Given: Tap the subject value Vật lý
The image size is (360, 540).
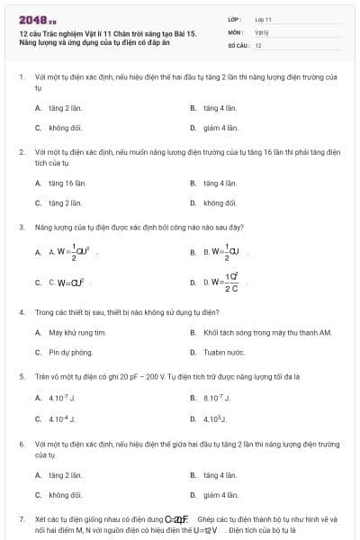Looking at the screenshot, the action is coord(261,31).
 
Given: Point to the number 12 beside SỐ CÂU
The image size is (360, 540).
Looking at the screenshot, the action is coord(258,45).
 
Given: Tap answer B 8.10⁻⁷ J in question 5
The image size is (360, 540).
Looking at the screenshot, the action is coord(217,398).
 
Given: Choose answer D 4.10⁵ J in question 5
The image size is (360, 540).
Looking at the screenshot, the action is coord(215,418).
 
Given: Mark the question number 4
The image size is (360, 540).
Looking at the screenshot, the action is coord(21,311).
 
